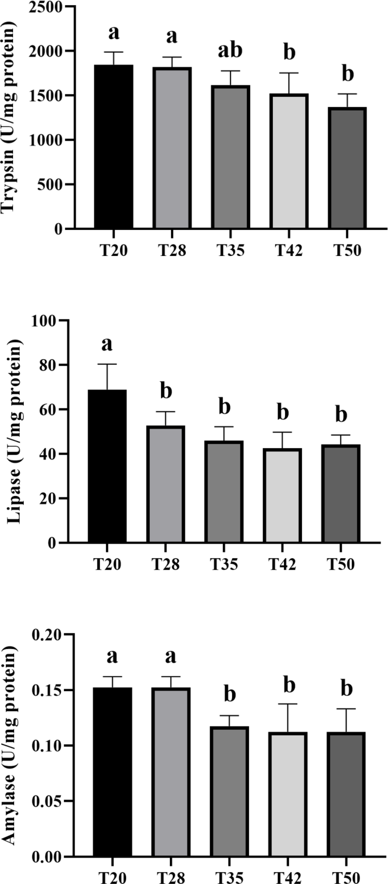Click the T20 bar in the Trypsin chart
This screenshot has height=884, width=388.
pyautogui.click(x=114, y=147)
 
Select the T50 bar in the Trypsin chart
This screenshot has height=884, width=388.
pyautogui.click(x=347, y=168)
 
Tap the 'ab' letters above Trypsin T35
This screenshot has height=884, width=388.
pyautogui.click(x=230, y=50)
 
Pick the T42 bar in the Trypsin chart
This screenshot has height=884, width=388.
pyautogui.click(x=289, y=161)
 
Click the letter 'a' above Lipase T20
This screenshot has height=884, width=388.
pyautogui.click(x=107, y=344)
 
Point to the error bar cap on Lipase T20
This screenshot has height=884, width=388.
pyautogui.click(x=107, y=364)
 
